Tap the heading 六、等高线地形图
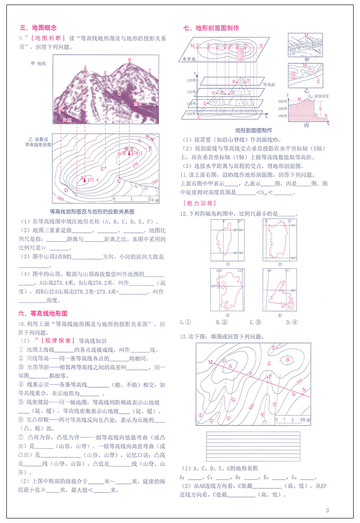(x=43, y=314)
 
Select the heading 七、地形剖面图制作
(x=211, y=28)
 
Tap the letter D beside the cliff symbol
(x=66, y=190)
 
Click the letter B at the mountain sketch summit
(x=129, y=60)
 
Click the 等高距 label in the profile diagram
(x=269, y=84)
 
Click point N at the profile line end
(x=304, y=390)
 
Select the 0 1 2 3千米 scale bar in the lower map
(x=292, y=418)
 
